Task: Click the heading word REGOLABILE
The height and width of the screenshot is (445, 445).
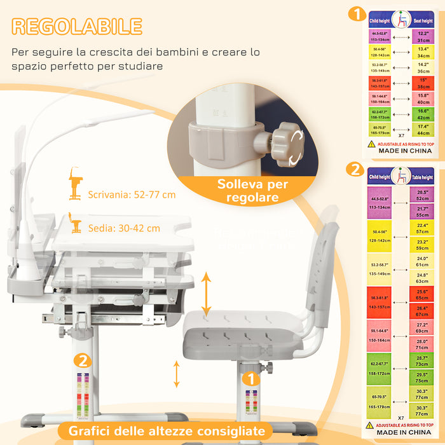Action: click(x=77, y=26)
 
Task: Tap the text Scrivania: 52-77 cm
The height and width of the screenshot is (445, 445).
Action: click(x=132, y=195)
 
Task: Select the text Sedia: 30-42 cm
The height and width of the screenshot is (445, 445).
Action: click(x=124, y=228)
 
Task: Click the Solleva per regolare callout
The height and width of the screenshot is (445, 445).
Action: click(x=252, y=191)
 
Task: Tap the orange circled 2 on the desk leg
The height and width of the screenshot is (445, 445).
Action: click(x=81, y=360)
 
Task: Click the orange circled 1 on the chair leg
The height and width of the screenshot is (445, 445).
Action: click(x=252, y=379)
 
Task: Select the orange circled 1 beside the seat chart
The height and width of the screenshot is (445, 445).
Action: click(x=358, y=14)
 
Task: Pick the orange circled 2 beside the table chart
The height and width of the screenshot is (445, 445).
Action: click(x=354, y=170)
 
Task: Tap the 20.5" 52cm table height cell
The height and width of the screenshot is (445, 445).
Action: click(x=422, y=195)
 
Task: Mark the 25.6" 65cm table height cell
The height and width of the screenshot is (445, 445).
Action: click(x=422, y=294)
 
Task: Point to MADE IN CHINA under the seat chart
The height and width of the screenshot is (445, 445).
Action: click(x=405, y=151)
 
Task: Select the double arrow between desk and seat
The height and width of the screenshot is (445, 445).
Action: click(x=205, y=294)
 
